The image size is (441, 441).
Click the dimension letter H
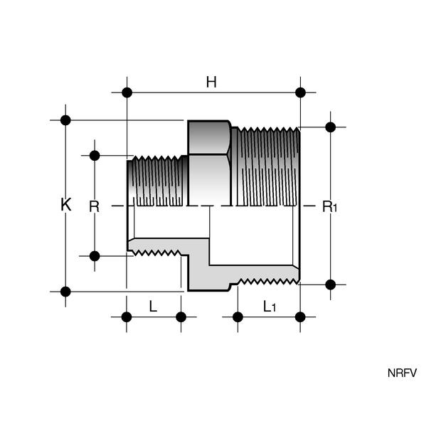pyautogui.click(x=211, y=82)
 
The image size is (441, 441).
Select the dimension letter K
pyautogui.click(x=66, y=204)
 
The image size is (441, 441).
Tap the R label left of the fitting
pyautogui.click(x=94, y=207)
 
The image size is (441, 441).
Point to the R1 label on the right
pyautogui.click(x=329, y=207)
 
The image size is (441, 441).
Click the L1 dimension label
pyautogui.click(x=270, y=307)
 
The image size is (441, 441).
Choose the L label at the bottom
pyautogui.click(x=153, y=307)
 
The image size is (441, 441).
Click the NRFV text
pyautogui.click(x=402, y=373)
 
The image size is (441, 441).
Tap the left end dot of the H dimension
pyautogui.click(x=127, y=92)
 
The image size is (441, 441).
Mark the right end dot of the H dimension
pyautogui.click(x=300, y=92)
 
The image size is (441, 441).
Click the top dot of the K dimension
pyautogui.click(x=65, y=120)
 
